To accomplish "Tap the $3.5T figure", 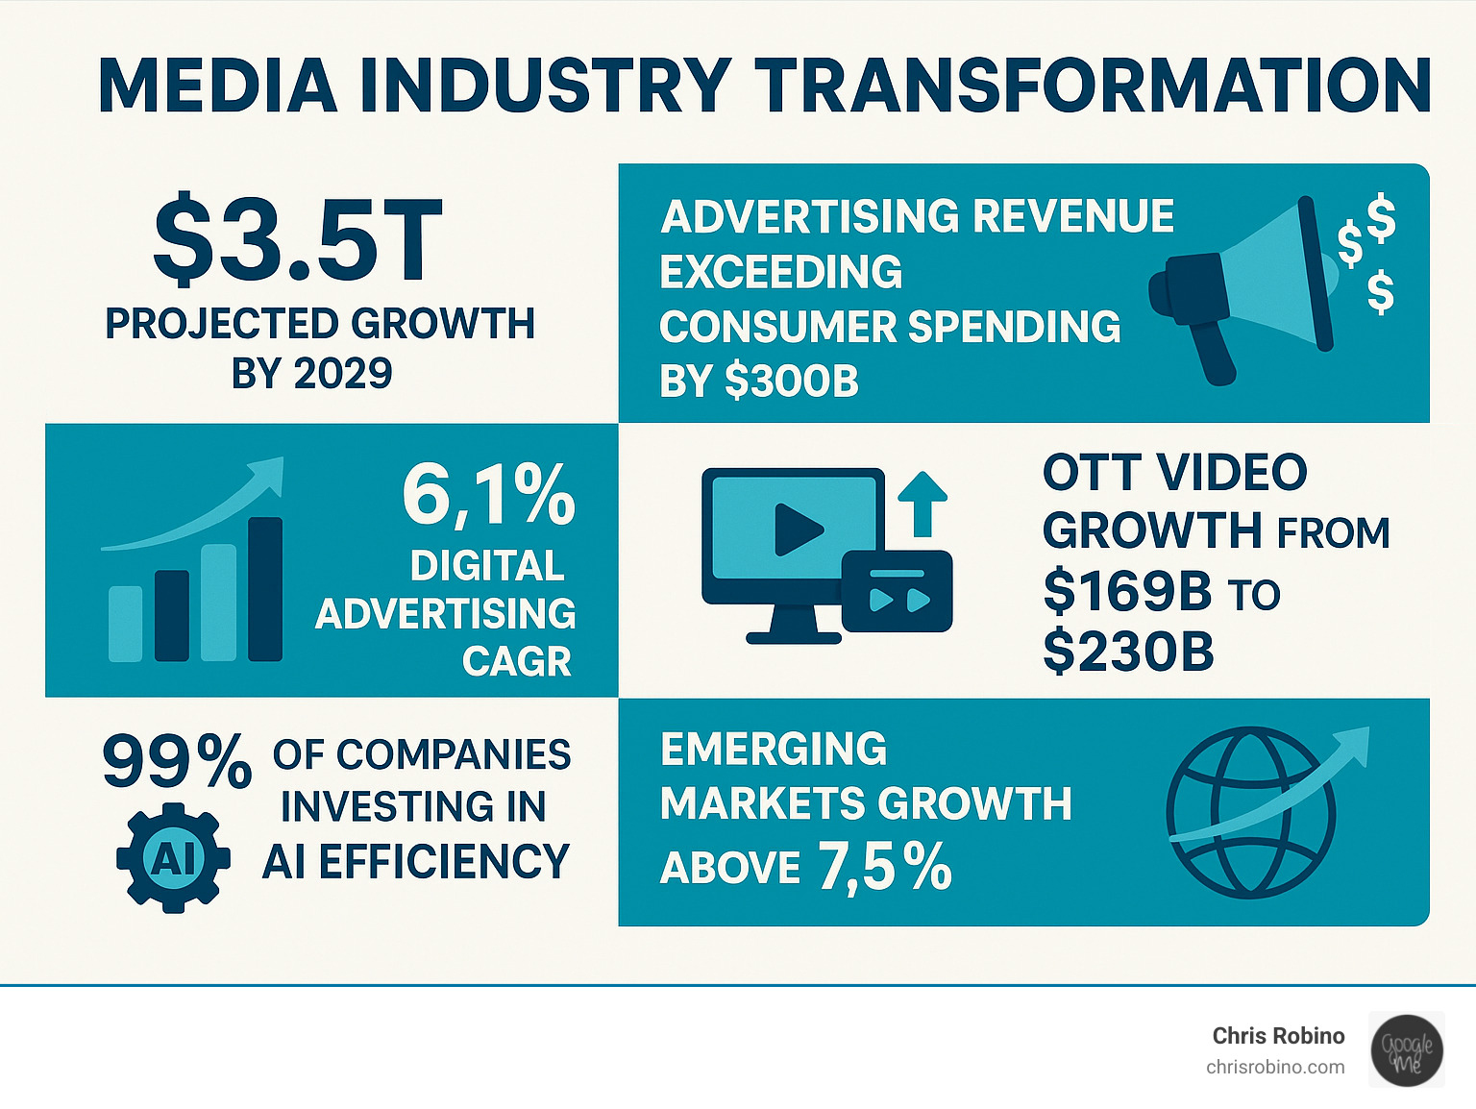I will (297, 240).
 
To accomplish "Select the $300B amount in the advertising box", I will (792, 382).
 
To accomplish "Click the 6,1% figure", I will (488, 496).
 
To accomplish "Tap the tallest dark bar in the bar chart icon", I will (265, 589).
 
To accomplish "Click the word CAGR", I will (516, 661).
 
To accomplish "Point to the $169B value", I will (1127, 591).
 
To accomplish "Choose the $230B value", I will (1128, 652).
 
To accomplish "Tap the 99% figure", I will (177, 762).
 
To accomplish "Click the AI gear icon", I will (173, 858).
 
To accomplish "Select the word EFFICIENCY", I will (444, 861).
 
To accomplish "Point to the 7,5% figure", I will (884, 867).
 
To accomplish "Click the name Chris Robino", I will (1278, 1035).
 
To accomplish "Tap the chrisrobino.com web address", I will (1275, 1067).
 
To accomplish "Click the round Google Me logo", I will (1407, 1049).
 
